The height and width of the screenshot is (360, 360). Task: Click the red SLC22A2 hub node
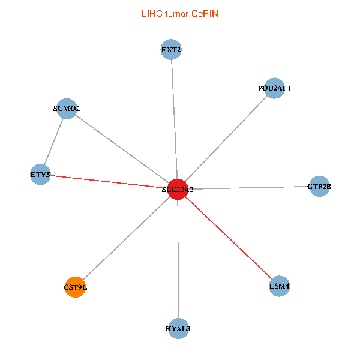coord(178,189)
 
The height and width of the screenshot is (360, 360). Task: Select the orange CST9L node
coord(76,287)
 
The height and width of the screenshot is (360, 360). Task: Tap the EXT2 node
coord(171,49)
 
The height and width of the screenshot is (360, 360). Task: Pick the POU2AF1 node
coord(274,88)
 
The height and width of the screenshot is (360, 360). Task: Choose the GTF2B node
coord(319,186)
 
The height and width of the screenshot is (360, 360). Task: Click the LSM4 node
coord(280,286)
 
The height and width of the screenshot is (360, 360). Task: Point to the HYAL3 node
coord(178,329)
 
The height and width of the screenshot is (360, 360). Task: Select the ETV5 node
coord(40,175)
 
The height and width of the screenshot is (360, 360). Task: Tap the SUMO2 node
coord(67,109)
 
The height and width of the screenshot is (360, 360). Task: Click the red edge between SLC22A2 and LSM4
coord(229,238)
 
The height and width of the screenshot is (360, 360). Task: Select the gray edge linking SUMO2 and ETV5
coord(53,142)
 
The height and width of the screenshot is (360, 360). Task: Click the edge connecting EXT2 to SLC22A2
coord(174,119)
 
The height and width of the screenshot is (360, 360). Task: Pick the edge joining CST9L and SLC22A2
coord(127,238)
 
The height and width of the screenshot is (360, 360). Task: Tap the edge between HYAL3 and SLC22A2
coord(178,259)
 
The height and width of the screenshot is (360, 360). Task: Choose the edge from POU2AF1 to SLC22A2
coord(226,139)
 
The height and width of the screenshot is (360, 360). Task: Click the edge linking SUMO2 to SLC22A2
coord(122,149)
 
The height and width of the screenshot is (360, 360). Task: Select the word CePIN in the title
coord(205,14)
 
